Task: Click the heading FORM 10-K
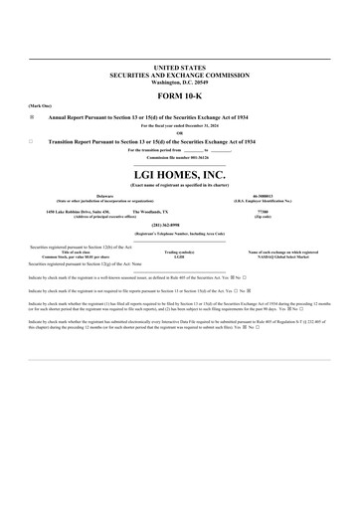coord(179,98)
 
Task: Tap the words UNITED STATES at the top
coord(179,66)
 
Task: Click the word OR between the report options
coord(179,133)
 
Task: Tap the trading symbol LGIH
coord(179,256)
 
